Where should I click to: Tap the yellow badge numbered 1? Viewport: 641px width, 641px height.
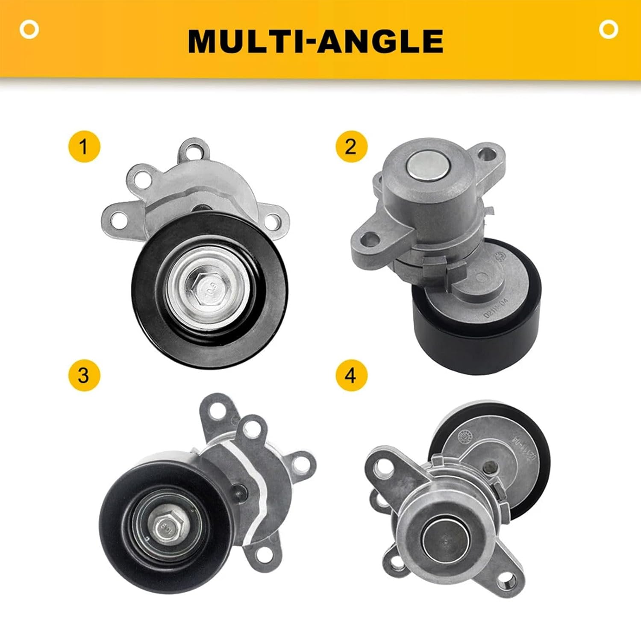click(84, 147)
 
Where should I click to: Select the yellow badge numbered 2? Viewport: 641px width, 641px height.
click(351, 147)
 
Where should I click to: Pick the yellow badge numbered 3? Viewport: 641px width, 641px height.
click(84, 376)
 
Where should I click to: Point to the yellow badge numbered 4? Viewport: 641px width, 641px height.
click(351, 376)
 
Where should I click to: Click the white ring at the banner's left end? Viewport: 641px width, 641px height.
click(29, 29)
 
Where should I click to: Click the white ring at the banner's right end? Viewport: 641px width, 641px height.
click(608, 29)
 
